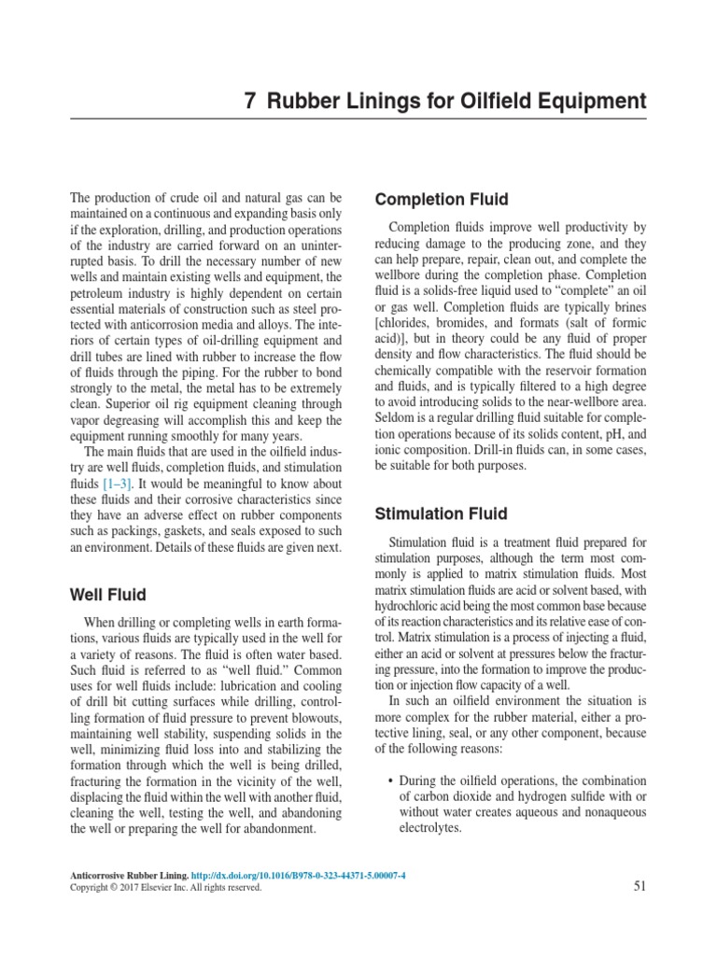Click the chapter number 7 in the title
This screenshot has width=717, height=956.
250,101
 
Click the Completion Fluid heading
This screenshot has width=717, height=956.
441,200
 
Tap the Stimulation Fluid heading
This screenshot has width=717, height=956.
441,513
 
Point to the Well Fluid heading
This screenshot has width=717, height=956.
108,594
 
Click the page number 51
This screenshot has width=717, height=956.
640,887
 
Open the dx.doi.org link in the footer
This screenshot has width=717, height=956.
300,875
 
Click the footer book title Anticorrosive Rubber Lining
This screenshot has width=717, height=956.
129,875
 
